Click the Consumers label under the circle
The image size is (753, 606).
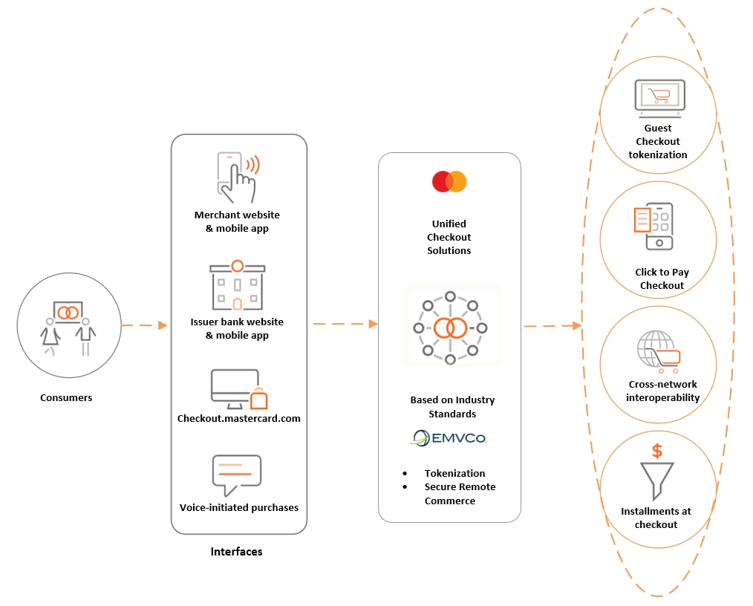pyautogui.click(x=66, y=397)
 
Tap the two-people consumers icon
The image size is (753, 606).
pyautogui.click(x=68, y=327)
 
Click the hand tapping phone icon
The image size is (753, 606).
pyautogui.click(x=237, y=177)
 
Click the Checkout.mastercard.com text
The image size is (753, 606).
pyautogui.click(x=238, y=418)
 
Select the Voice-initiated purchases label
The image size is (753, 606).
pyautogui.click(x=238, y=507)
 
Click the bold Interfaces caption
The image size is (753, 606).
pyautogui.click(x=236, y=552)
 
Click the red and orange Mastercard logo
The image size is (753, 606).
pyautogui.click(x=449, y=182)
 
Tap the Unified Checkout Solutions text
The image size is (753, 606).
pyautogui.click(x=449, y=237)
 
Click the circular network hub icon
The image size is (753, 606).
pyautogui.click(x=450, y=327)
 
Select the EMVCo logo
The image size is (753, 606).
pyautogui.click(x=449, y=438)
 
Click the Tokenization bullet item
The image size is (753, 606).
pyautogui.click(x=454, y=473)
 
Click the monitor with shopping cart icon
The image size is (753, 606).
pyautogui.click(x=659, y=98)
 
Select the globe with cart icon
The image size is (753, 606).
pyautogui.click(x=657, y=351)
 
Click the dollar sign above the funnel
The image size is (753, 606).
pyautogui.click(x=656, y=451)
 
